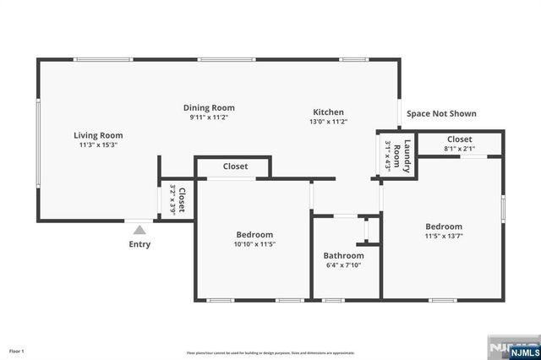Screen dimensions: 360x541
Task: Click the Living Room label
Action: [98, 135]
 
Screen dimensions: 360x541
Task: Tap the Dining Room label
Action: [209, 108]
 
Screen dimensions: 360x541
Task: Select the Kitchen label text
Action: [328, 112]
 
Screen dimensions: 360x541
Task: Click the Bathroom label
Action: [343, 255]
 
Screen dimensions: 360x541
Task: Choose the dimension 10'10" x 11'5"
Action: [254, 244]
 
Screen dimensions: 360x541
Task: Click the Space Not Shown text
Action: [441, 113]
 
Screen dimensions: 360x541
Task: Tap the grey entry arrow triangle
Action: [139, 228]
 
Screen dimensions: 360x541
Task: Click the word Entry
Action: [139, 245]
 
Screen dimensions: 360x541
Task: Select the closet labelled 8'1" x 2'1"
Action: [459, 145]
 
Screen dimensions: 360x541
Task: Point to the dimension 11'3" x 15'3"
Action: [98, 145]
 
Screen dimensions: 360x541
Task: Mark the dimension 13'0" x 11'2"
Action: [328, 122]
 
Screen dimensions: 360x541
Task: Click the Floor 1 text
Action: [17, 351]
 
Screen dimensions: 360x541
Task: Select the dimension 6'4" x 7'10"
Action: [343, 265]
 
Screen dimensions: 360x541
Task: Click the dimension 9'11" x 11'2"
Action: [209, 118]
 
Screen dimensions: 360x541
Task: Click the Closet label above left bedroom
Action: [235, 166]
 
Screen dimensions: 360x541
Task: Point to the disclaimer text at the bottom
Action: [270, 352]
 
